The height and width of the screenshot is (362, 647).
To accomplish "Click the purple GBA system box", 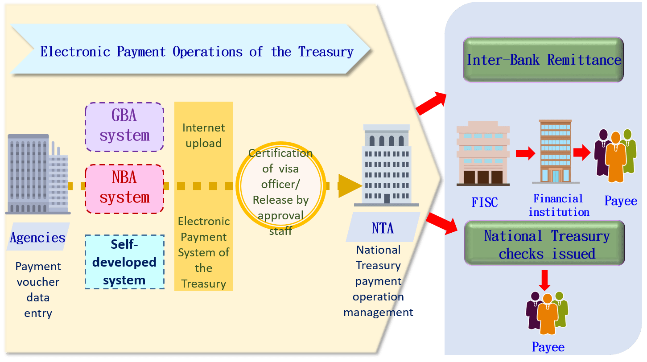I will coord(124,127).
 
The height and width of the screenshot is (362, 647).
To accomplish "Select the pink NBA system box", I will coord(124,189).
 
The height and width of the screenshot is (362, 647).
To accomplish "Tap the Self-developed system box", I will coord(124,262).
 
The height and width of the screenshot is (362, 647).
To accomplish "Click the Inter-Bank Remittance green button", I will coord(543,60).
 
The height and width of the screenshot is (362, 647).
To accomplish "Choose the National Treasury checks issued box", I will coord(544,244).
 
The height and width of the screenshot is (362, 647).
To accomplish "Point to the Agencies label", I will coord(38,237).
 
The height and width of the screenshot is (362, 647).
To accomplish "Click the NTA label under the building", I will coord(383,228).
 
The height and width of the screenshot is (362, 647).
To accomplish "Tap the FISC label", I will coord(484,202).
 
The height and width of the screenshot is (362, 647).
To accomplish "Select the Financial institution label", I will coord(559,205).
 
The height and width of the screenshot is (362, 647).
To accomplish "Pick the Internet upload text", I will coord(203,135).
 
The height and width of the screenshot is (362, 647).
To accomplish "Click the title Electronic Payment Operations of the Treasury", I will coord(196,51).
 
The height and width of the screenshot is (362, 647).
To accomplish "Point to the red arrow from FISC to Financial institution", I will coord(525,153).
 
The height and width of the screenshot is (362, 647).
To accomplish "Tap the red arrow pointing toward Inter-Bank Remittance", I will coord(430,102).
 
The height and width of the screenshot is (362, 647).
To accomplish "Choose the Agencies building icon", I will coord(37,174).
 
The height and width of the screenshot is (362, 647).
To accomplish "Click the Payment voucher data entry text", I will coord(38,290).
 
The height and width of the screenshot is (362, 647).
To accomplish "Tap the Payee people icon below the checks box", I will coord(547,313).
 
